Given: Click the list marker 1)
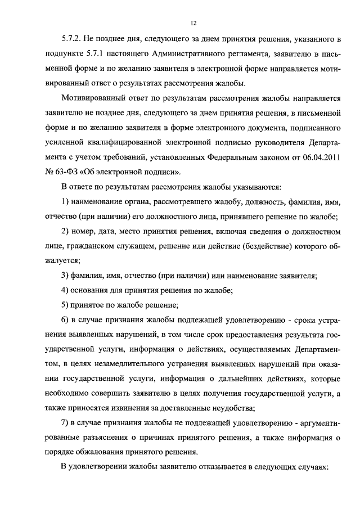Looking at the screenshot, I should point(66,201).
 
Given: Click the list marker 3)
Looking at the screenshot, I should point(66,275).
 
